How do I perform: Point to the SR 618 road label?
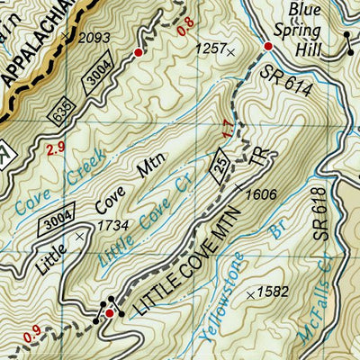[326, 220]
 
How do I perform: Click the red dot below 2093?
[138, 53]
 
